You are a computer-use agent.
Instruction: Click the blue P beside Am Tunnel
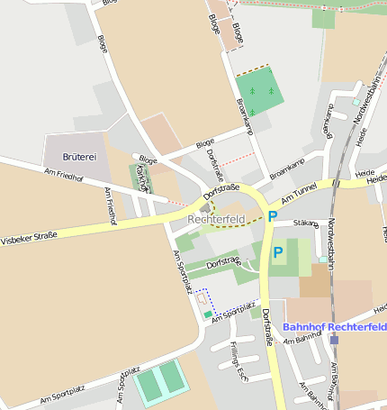click(272, 216)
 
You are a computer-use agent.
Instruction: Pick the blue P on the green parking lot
click(278, 253)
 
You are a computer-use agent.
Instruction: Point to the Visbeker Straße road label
click(29, 239)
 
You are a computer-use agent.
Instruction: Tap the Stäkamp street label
click(306, 223)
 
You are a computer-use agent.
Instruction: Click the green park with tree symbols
click(259, 91)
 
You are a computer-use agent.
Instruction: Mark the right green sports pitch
click(172, 376)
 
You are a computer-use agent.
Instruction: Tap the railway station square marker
click(334, 340)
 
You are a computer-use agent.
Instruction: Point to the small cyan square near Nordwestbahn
click(322, 260)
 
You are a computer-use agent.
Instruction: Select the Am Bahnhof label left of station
click(302, 339)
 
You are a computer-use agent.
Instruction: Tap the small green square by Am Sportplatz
click(209, 314)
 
